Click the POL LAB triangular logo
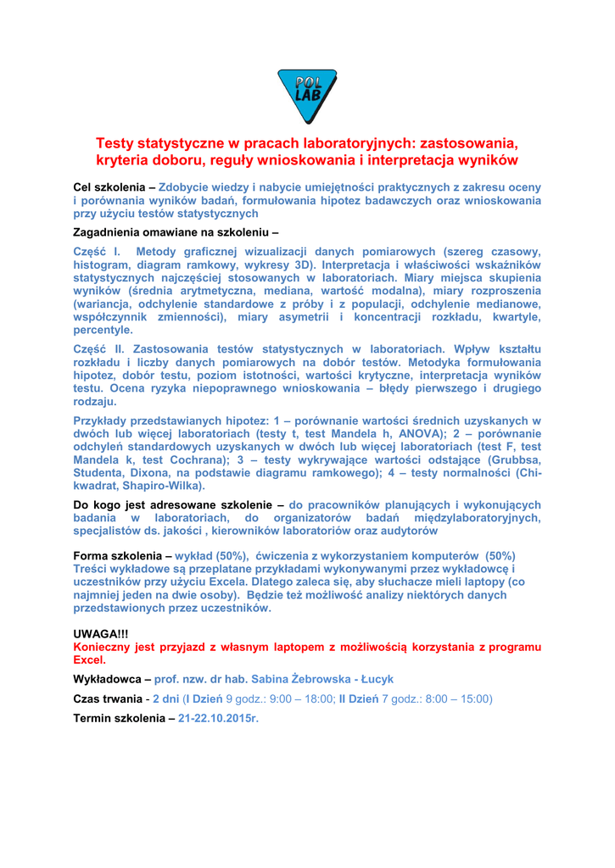coord(307,95)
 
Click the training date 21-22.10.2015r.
coord(217,718)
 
